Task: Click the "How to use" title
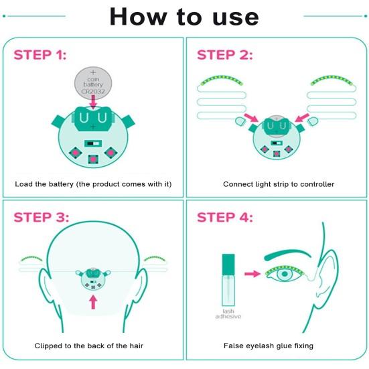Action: tap(184, 17)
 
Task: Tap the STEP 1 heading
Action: tap(40, 55)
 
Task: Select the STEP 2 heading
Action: tap(225, 55)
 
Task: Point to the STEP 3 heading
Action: tap(42, 217)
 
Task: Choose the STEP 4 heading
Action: tap(225, 217)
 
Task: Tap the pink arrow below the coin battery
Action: tap(94, 102)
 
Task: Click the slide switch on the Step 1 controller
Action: tap(93, 143)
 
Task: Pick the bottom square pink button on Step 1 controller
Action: tap(93, 159)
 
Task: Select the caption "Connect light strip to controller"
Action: tap(279, 184)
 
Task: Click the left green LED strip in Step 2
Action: tap(222, 80)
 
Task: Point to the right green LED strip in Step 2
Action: tap(331, 80)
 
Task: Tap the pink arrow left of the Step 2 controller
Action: tap(252, 118)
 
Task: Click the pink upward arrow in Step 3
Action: tap(94, 302)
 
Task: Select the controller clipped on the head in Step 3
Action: tap(93, 279)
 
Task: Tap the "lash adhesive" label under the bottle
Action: tap(228, 314)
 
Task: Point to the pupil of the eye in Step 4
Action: tap(285, 274)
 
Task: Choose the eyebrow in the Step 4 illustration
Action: tap(287, 255)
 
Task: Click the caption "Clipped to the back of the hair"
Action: tap(88, 346)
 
